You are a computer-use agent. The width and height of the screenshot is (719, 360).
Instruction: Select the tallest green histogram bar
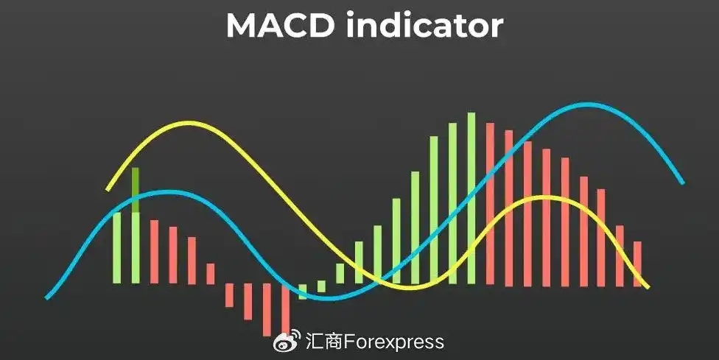pyautogui.click(x=471, y=197)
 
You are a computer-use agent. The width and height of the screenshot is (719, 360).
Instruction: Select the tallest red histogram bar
pyautogui.click(x=490, y=204)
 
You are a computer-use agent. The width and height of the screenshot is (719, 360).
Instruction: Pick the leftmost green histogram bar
pyautogui.click(x=116, y=247)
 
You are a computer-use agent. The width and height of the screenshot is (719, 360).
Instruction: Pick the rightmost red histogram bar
pyautogui.click(x=638, y=263)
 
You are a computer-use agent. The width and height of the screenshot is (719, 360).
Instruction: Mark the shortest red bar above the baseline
pyautogui.click(x=210, y=273)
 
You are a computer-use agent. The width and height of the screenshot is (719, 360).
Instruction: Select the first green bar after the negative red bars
pyautogui.click(x=303, y=291)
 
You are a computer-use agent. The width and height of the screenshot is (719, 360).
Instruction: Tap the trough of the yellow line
pyautogui.click(x=413, y=287)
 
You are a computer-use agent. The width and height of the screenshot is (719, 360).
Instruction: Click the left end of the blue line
pyautogui.click(x=47, y=297)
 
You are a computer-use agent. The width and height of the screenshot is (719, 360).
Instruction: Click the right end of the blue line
pyautogui.click(x=682, y=183)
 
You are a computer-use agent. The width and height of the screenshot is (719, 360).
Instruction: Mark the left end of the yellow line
pyautogui.click(x=108, y=189)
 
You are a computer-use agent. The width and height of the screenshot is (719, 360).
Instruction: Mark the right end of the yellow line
pyautogui.click(x=648, y=286)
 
